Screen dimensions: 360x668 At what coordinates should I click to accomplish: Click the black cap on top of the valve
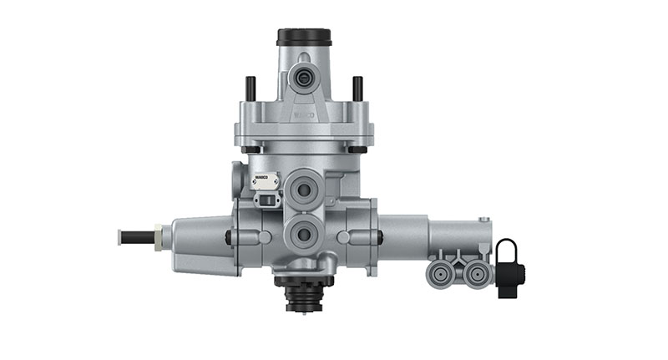click(304, 37)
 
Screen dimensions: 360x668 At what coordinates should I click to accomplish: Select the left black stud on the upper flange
click(249, 87)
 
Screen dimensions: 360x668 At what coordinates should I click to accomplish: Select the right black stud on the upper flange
click(357, 87)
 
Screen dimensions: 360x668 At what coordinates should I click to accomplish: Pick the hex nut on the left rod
click(159, 236)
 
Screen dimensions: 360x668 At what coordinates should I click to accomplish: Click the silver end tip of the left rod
click(121, 236)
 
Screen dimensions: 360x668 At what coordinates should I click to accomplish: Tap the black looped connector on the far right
click(509, 268)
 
